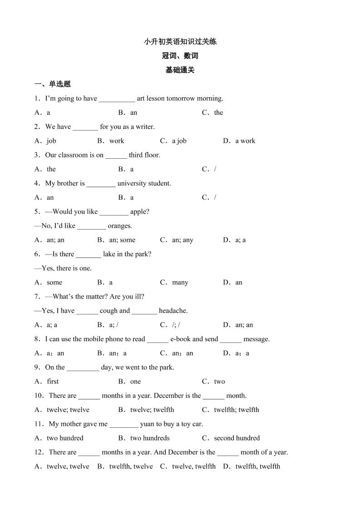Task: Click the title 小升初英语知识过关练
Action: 180,42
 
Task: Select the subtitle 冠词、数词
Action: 180,56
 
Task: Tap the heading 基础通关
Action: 180,70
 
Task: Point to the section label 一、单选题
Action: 53,84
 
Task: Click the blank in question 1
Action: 117,99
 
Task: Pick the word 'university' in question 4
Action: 132,183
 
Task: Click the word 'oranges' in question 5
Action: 120,225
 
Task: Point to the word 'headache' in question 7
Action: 173,311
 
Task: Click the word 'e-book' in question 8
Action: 180,339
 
